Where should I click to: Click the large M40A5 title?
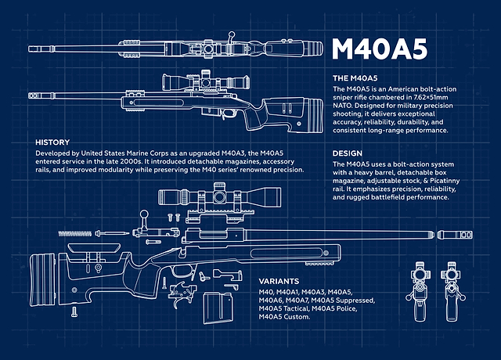[380, 49]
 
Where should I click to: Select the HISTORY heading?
[52, 142]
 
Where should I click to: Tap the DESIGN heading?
[348, 153]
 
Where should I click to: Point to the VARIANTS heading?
[279, 281]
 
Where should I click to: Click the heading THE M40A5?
[355, 78]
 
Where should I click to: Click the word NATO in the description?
[342, 106]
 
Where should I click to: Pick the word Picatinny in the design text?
[445, 181]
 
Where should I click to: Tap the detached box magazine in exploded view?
[218, 308]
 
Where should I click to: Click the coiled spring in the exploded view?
[75, 233]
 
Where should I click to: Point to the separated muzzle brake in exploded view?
[455, 235]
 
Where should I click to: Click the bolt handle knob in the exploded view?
[144, 214]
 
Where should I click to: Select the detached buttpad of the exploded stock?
[42, 280]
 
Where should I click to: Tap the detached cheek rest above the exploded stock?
[95, 247]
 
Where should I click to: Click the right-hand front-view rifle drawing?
[452, 291]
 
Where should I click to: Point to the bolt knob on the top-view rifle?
[232, 34]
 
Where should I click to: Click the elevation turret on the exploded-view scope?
[219, 186]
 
